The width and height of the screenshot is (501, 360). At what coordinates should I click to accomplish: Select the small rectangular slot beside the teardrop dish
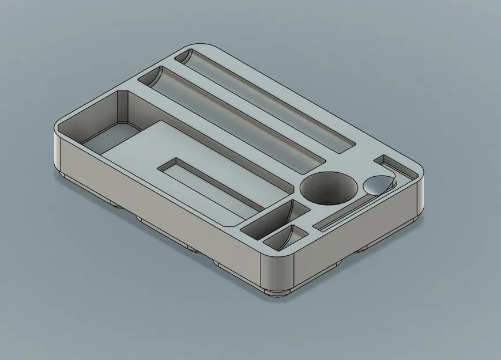pyautogui.click(x=390, y=165)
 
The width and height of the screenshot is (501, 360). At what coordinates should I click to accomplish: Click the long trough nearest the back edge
pyautogui.click(x=265, y=101)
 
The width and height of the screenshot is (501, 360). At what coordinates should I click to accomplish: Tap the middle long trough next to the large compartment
pyautogui.click(x=231, y=118)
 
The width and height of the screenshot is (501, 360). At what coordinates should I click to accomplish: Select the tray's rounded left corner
pyautogui.click(x=58, y=144)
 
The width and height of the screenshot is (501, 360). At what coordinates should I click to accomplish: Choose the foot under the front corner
pyautogui.click(x=280, y=291)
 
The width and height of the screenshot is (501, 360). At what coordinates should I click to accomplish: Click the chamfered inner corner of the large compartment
pyautogui.click(x=122, y=107)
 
